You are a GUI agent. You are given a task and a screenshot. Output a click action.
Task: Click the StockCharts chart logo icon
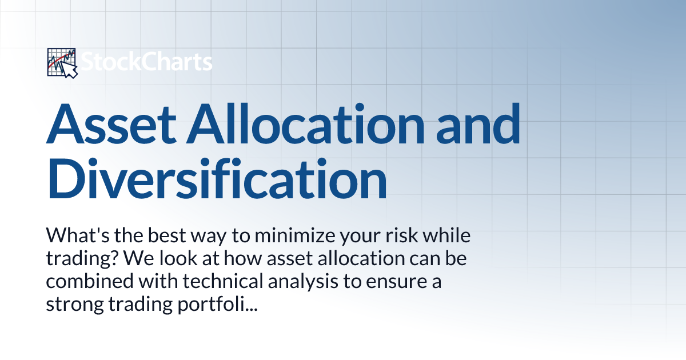coord(62,63)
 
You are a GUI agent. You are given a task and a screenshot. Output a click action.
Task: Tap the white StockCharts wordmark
coord(146,62)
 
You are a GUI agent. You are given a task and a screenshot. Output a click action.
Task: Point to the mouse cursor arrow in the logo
coord(70,70)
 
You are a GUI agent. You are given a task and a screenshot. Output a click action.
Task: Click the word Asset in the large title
coord(111,123)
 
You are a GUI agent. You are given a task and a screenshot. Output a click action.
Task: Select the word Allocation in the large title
coord(305,123)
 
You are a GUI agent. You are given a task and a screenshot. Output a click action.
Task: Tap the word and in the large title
coord(478,123)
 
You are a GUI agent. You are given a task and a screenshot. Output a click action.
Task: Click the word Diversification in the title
coord(217,179)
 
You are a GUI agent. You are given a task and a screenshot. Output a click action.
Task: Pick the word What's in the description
coord(78,235)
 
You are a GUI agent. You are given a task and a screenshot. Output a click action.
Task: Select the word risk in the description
coord(401,235)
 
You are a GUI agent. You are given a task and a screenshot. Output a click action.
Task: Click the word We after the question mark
coord(139,258)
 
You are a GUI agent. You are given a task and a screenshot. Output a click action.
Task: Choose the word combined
coord(90,281)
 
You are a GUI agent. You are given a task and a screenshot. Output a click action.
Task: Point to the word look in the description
coord(178,258)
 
